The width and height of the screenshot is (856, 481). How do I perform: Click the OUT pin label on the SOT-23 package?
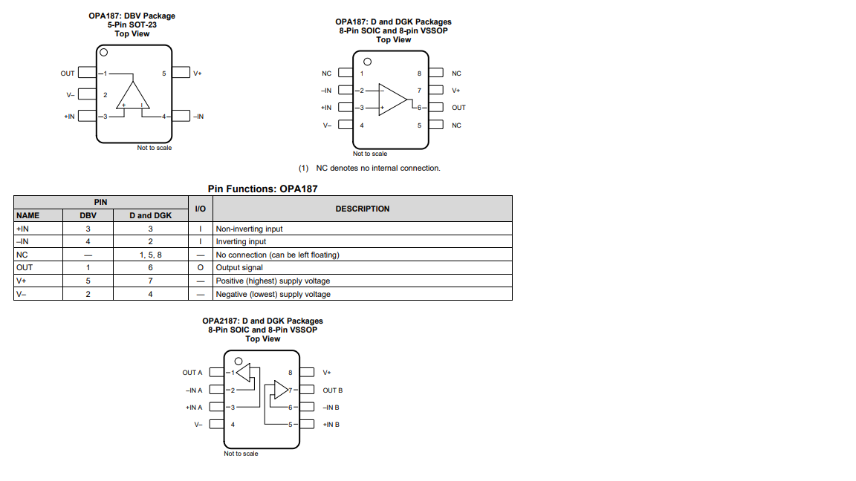[x=68, y=73]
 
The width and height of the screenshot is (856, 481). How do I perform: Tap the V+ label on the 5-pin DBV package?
[x=197, y=73]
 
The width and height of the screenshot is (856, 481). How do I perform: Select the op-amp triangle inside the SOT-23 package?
[x=134, y=97]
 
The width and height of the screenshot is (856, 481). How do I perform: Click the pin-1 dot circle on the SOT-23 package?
[x=104, y=53]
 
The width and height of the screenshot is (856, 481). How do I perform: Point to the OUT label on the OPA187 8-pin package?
[x=458, y=108]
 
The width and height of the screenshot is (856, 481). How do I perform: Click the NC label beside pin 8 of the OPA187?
[x=456, y=73]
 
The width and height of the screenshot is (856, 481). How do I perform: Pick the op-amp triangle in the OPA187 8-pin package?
[x=392, y=99]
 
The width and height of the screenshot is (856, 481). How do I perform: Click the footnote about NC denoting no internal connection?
[x=369, y=168]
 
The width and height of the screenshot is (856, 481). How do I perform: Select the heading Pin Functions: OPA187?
[x=262, y=189]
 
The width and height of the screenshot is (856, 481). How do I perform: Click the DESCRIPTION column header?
[x=363, y=209]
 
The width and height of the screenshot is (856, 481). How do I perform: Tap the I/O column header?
[x=200, y=209]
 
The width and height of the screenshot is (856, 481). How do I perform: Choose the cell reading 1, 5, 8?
[x=150, y=255]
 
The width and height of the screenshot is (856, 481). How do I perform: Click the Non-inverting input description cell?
[x=250, y=229]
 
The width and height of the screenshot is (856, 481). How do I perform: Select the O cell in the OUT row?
[x=201, y=267]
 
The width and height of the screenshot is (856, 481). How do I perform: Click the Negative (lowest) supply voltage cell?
[x=273, y=294]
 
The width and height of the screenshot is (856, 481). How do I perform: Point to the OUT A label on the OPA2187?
[x=192, y=373]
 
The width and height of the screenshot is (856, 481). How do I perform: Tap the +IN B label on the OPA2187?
[x=331, y=425]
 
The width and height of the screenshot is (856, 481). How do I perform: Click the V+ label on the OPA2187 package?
[x=327, y=373]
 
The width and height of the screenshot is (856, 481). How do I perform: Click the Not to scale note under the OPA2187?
[x=241, y=454]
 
